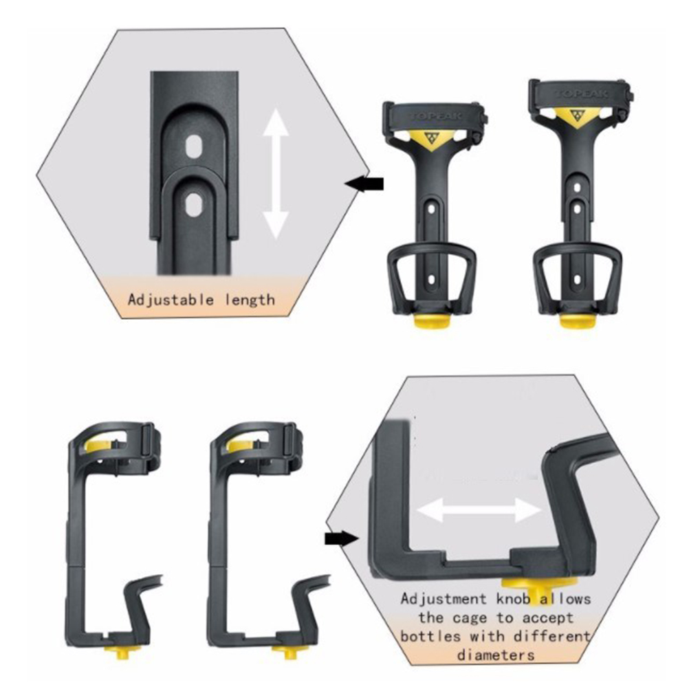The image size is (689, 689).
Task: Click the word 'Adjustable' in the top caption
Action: [x=171, y=300]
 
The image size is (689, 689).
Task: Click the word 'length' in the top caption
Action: [x=250, y=300]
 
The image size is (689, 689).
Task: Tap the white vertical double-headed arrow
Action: [x=276, y=173]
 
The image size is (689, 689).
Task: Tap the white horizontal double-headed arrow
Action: [x=479, y=510]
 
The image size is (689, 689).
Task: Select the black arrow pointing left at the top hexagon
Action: [x=364, y=184]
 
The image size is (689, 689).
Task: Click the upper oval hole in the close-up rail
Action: [x=193, y=146]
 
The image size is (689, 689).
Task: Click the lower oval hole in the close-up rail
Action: [x=193, y=205]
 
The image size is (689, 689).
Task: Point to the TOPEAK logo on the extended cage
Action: [x=581, y=94]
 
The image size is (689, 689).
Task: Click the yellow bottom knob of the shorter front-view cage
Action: [x=433, y=321]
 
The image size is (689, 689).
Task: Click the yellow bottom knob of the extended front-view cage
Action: [x=578, y=321]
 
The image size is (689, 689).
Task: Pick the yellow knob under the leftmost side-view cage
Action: [x=121, y=650]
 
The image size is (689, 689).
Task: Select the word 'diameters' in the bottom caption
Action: [x=496, y=655]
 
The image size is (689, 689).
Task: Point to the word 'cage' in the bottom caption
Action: [x=470, y=618]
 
